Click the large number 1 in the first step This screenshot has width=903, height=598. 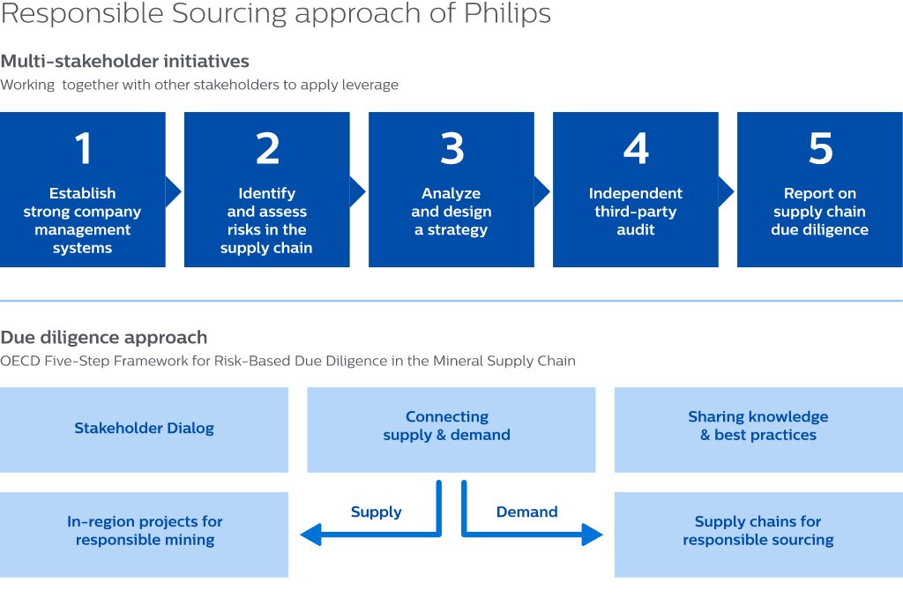83,149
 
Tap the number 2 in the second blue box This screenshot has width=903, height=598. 267,149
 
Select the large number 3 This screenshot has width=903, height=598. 451,149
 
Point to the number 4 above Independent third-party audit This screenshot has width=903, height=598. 636,149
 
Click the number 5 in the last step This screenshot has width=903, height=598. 820,149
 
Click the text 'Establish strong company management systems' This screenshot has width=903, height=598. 82,221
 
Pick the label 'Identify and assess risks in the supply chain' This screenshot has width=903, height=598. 266,221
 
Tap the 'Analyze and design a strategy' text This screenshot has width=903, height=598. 451,212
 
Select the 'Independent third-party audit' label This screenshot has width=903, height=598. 635,212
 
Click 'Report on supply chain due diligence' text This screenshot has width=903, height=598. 820,212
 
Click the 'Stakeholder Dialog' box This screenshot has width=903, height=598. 144,429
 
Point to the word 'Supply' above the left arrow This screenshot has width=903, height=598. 376,512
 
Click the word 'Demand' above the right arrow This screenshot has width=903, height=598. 526,512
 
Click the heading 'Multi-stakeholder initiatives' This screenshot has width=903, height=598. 124,62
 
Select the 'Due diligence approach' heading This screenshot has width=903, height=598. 104,337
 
